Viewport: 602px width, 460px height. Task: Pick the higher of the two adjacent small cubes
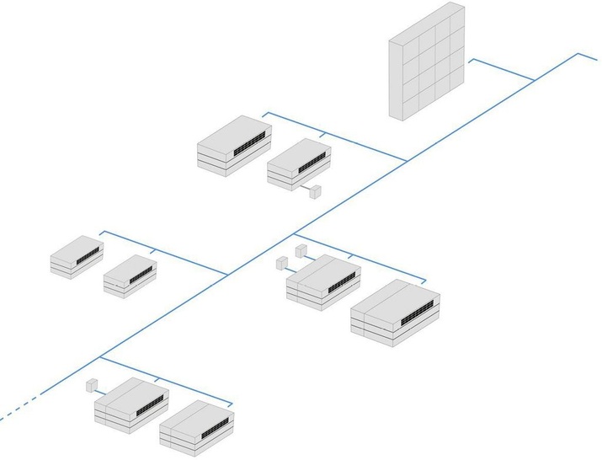click(x=300, y=250)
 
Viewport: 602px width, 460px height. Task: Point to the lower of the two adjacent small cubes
click(x=282, y=263)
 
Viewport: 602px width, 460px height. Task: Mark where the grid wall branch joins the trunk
click(x=535, y=80)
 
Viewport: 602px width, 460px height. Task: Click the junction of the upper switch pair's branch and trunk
click(x=408, y=160)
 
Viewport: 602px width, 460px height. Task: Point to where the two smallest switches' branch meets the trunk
click(x=226, y=274)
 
